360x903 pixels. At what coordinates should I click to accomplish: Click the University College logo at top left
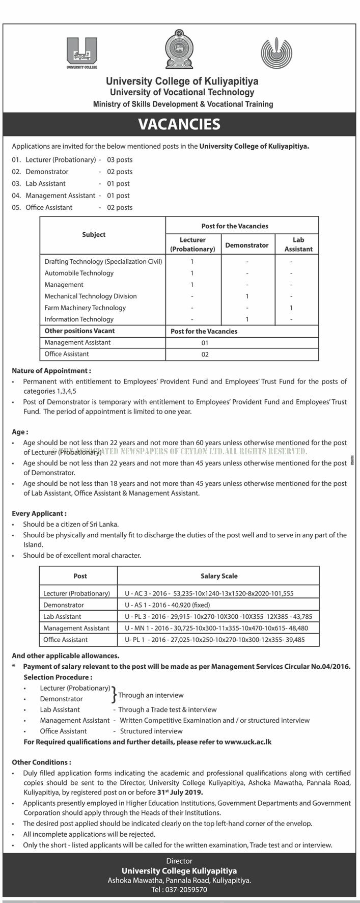tap(81, 52)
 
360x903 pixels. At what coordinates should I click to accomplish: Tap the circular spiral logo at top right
tap(277, 53)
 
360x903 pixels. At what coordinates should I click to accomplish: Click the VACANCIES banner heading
tap(179, 124)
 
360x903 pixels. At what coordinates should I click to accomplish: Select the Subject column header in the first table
tap(94, 235)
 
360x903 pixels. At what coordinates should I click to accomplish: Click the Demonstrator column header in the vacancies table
tap(246, 245)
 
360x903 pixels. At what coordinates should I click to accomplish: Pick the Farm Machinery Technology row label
tap(85, 308)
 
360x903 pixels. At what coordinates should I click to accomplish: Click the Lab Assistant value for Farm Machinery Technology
tap(291, 308)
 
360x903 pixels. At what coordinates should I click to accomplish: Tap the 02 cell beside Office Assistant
tap(205, 354)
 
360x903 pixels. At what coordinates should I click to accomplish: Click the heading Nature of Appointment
tap(51, 371)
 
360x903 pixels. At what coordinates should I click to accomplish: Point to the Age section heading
tap(20, 432)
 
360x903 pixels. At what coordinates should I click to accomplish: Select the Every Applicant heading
tap(39, 514)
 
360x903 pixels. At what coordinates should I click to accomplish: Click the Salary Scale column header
tap(219, 576)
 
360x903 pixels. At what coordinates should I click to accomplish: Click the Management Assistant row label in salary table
tap(76, 628)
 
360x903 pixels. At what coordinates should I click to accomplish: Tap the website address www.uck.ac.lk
tap(247, 742)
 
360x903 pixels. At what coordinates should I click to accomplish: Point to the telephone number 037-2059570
tap(179, 890)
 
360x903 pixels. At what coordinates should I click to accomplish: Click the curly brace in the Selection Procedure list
tap(114, 693)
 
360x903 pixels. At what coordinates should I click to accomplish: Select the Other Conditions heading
tap(41, 762)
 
